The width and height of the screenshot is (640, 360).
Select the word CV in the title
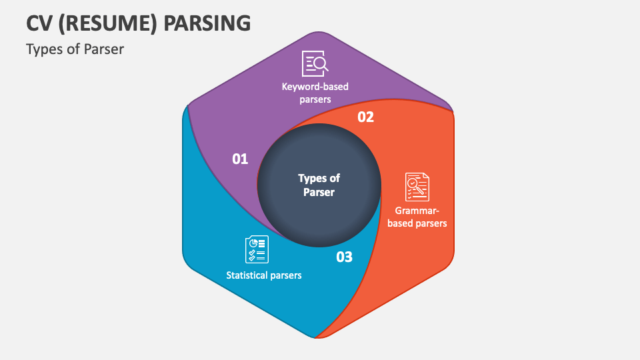click(x=40, y=23)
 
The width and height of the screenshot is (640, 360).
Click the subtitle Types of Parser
click(x=75, y=49)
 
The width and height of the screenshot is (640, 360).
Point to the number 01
click(x=240, y=159)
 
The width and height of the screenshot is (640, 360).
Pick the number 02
click(x=366, y=117)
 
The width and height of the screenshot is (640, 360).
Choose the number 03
click(x=344, y=257)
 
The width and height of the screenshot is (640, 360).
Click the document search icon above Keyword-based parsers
click(x=315, y=63)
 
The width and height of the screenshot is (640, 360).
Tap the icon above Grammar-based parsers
click(x=417, y=187)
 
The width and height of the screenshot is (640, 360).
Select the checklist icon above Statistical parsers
click(x=257, y=249)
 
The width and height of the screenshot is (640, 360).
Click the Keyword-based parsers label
click(x=315, y=93)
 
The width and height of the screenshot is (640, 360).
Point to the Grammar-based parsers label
click(x=417, y=217)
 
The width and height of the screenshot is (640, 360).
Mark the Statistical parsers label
click(x=264, y=275)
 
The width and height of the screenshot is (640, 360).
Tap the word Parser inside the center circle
click(x=319, y=193)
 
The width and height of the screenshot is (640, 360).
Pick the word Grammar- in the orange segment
click(x=417, y=211)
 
